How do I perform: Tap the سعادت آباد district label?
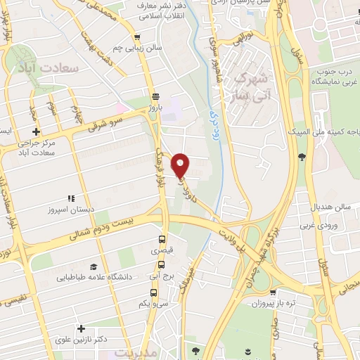click(49, 69)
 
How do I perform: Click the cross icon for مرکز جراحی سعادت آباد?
click(36, 131)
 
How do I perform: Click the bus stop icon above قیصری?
click(162, 239)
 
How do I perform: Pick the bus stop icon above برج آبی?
click(162, 264)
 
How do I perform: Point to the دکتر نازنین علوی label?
click(82, 340)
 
